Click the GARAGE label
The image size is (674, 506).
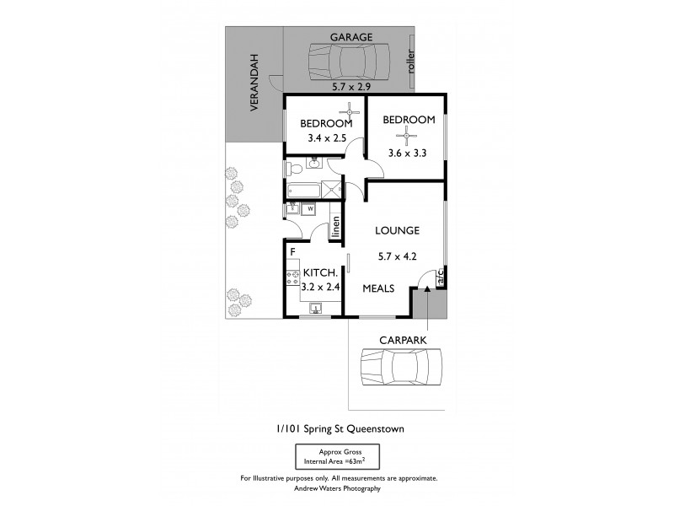351,37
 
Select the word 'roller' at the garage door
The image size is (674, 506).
411,63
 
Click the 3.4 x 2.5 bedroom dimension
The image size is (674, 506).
324,140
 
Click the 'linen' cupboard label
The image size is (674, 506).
335,227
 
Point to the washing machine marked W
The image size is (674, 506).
309,209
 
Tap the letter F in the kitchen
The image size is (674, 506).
292,251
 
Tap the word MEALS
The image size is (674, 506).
379,288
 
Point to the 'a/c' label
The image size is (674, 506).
438,277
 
